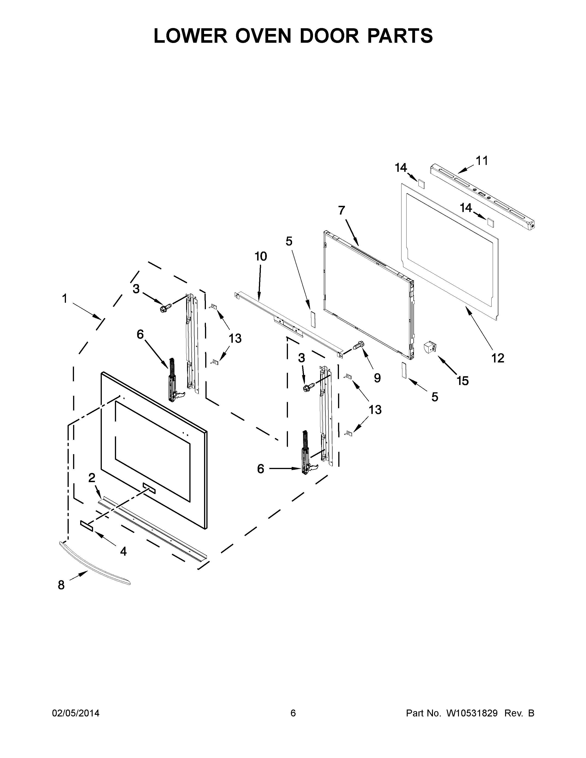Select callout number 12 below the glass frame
[498, 358]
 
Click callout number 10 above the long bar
[261, 257]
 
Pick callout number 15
[463, 381]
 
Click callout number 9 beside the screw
[377, 378]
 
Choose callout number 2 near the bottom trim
[92, 478]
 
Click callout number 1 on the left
[65, 298]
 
